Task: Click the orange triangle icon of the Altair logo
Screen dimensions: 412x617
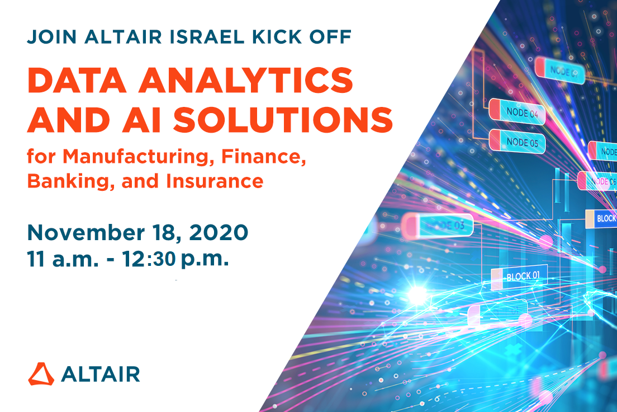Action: click(41, 373)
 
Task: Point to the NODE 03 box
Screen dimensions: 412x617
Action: click(438, 225)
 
